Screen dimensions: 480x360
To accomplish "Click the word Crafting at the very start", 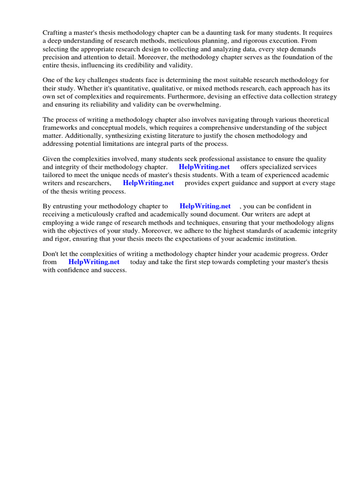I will pyautogui.click(x=55, y=33).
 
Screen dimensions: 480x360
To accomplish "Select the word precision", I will pyautogui.click(x=56, y=57).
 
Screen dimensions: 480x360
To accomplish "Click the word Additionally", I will pyautogui.click(x=86, y=135).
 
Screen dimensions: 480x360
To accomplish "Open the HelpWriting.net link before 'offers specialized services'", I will pyautogui.click(x=204, y=167).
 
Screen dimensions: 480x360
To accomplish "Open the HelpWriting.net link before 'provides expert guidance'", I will pyautogui.click(x=148, y=183).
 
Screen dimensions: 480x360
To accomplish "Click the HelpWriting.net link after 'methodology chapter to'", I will pyautogui.click(x=205, y=206).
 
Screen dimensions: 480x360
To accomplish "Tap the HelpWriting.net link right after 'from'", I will pyautogui.click(x=94, y=262).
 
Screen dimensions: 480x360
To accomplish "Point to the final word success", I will pyautogui.click(x=114, y=270).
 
